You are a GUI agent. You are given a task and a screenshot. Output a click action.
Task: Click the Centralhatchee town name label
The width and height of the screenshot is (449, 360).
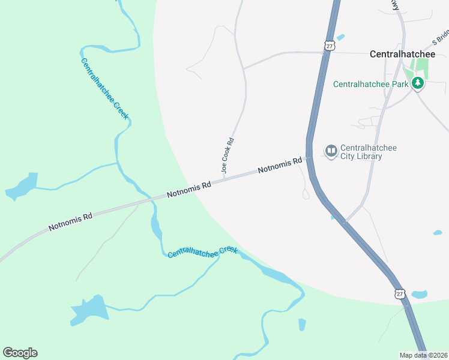[x=402, y=54]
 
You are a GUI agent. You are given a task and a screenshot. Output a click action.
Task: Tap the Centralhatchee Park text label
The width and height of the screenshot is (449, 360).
[x=370, y=84]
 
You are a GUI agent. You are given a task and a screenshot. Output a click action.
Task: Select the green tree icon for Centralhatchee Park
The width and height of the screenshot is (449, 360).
[x=418, y=84]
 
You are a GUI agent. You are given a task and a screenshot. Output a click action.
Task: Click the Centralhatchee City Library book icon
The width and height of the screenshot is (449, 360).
[x=331, y=151]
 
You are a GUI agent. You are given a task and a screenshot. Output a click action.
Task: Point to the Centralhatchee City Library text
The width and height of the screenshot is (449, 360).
[x=369, y=152]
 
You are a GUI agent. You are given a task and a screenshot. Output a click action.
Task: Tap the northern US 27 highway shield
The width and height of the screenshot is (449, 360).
[x=329, y=46]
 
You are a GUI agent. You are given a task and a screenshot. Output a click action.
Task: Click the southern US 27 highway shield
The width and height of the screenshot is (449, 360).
[x=400, y=293]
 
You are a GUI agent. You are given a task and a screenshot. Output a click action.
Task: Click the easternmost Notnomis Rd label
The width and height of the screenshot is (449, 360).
[x=280, y=166]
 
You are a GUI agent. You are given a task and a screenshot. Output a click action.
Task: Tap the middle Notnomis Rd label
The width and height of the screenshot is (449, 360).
[x=189, y=190]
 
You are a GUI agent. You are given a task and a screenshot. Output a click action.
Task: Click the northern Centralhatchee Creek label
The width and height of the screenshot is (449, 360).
[x=104, y=88]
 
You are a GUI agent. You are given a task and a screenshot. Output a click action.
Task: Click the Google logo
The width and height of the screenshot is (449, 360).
[x=20, y=353]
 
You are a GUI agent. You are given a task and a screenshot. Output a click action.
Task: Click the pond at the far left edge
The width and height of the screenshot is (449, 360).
[x=22, y=187]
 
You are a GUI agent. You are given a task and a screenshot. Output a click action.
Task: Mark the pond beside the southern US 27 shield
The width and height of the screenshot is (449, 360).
[x=419, y=295]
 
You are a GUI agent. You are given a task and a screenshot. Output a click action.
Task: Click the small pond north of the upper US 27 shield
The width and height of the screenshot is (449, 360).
[x=341, y=37]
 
